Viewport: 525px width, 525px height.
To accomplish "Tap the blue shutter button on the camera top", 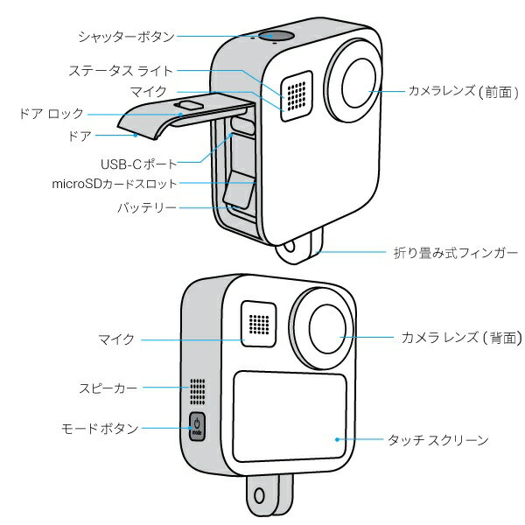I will [x=277, y=36].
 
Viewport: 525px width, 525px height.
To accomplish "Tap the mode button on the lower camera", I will [x=197, y=428].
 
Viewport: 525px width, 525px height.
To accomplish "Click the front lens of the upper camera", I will [x=358, y=85].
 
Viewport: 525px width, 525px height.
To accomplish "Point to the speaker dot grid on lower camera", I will [x=197, y=390].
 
